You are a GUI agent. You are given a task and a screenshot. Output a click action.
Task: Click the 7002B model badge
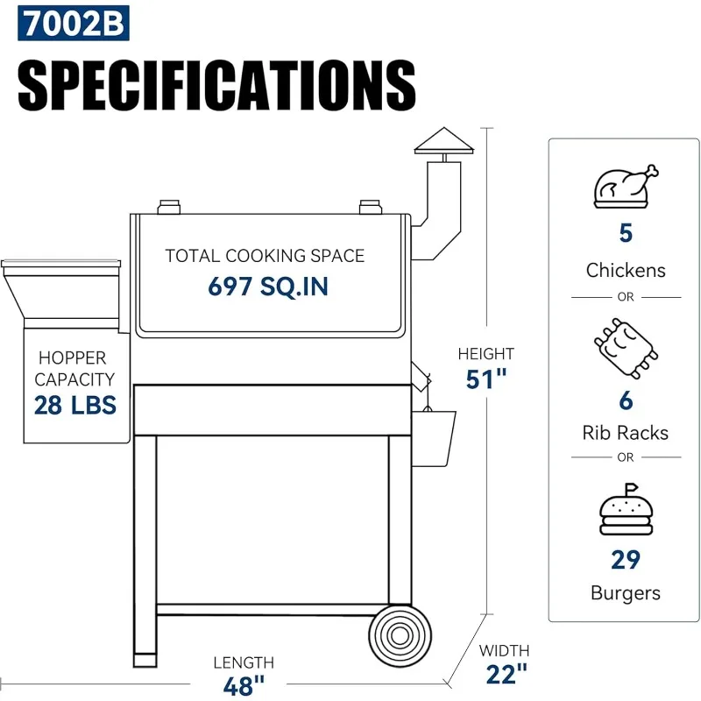click(x=74, y=23)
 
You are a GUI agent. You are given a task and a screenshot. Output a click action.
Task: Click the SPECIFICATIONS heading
click(x=216, y=85)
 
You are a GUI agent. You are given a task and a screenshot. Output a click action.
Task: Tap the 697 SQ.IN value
click(x=268, y=287)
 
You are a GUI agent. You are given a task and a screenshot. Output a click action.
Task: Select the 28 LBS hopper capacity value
click(x=75, y=405)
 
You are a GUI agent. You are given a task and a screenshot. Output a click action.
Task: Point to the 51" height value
click(x=486, y=379)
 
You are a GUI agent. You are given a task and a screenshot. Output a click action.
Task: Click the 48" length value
click(x=244, y=686)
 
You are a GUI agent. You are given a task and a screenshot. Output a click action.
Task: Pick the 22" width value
click(x=506, y=674)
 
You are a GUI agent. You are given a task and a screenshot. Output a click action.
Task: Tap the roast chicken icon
click(x=626, y=186)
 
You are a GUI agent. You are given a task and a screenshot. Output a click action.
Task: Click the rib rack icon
click(x=626, y=349)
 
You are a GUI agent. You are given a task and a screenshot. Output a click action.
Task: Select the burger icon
click(x=626, y=509)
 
